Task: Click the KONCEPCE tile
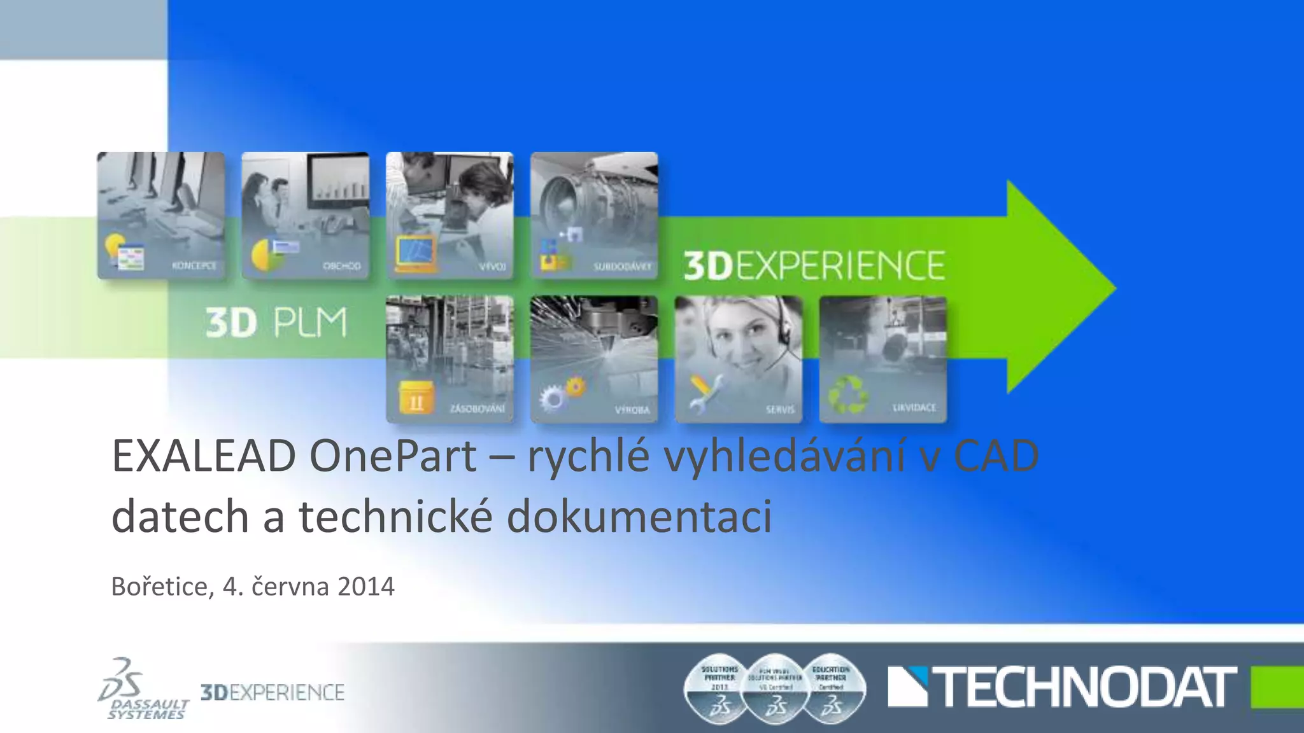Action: (160, 215)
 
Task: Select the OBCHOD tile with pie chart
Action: (305, 215)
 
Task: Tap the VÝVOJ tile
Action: (450, 215)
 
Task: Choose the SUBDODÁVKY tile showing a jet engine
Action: (594, 215)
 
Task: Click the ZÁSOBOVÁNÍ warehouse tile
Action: (450, 359)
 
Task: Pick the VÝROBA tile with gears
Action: (594, 359)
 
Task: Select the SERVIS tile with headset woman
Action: (739, 359)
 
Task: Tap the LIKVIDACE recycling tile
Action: (883, 359)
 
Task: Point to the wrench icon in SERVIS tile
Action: (704, 392)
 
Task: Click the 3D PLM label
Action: (276, 323)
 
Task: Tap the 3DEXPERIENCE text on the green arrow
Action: (814, 266)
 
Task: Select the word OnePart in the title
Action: (393, 456)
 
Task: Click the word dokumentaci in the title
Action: (639, 516)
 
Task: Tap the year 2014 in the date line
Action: (366, 587)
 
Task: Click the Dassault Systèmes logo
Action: (143, 689)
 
